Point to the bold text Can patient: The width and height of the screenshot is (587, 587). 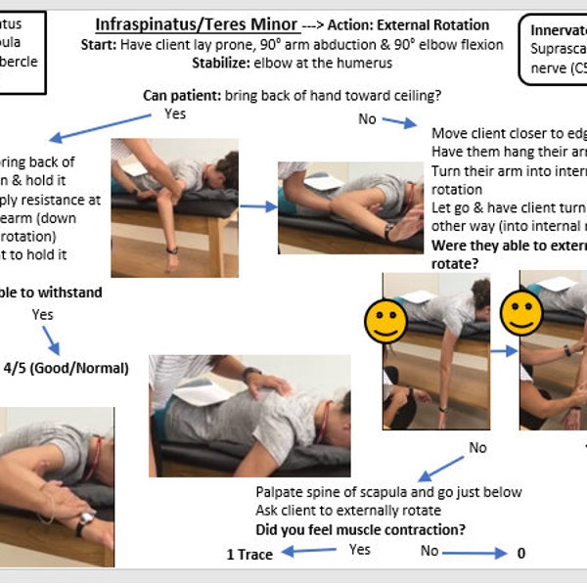(x=183, y=95)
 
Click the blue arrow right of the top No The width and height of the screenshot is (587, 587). (x=399, y=122)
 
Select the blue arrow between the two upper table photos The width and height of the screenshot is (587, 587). (x=257, y=206)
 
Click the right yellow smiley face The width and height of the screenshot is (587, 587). (x=520, y=312)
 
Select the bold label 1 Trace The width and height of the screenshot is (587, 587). (x=249, y=554)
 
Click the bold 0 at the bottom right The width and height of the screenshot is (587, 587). (x=520, y=553)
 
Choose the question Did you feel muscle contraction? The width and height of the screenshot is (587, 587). (x=360, y=530)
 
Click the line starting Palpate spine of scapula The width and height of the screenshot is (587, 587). (x=388, y=491)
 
